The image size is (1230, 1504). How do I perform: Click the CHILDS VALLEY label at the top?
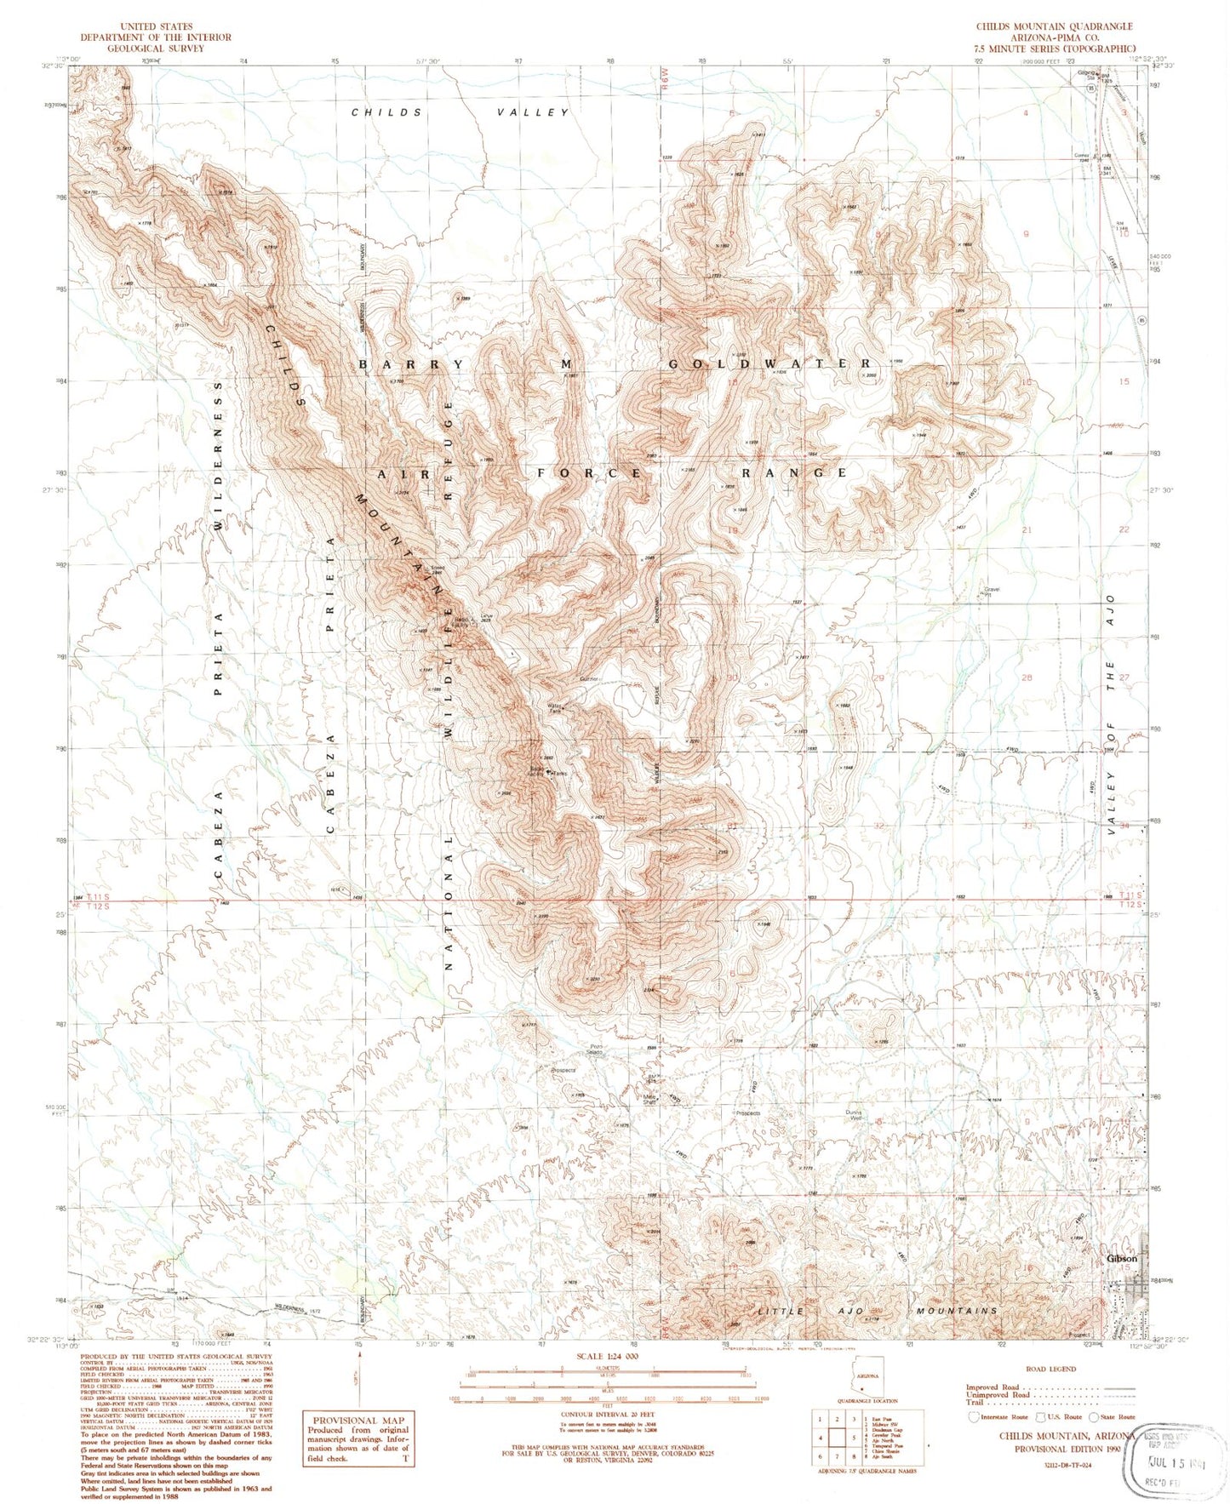(460, 112)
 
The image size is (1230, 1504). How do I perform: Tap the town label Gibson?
(1122, 1258)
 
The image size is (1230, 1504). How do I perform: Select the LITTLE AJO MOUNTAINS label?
(877, 1311)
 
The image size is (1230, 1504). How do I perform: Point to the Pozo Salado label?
(596, 1049)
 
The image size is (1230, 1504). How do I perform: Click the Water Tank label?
(557, 707)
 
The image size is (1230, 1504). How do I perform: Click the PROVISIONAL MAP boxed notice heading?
(358, 1421)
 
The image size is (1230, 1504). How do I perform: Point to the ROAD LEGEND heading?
(1051, 1370)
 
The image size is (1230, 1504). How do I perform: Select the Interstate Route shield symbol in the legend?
(975, 1417)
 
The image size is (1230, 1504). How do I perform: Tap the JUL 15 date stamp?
(1173, 1466)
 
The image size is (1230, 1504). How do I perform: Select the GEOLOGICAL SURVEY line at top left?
(155, 49)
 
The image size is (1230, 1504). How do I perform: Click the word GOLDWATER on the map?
(769, 363)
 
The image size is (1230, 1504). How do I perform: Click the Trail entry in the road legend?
(975, 1402)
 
